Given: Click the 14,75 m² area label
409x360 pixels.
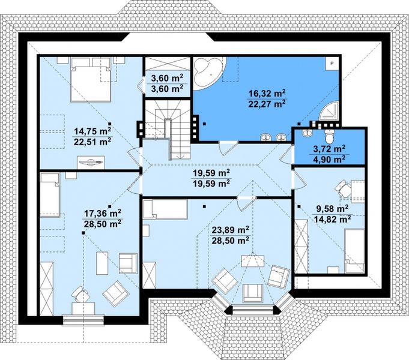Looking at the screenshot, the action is (93, 131).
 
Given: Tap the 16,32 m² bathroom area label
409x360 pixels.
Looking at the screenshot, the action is (267, 93).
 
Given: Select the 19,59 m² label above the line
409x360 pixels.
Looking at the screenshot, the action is (211, 173).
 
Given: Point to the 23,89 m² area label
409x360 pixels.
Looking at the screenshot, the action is (230, 230).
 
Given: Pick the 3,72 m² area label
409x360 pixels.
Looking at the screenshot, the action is (329, 149).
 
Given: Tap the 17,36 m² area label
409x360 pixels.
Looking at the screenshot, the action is (103, 213).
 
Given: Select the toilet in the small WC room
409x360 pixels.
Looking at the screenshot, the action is (330, 136).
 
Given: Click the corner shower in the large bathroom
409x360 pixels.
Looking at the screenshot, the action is (330, 112).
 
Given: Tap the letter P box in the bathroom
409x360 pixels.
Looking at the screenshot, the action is (332, 63).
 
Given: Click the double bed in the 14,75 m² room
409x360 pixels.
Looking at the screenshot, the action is (91, 80).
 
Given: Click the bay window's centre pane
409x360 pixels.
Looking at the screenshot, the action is (252, 310).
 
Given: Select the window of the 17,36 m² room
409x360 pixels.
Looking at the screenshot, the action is (83, 320).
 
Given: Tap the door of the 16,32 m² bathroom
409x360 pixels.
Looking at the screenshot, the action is (228, 148).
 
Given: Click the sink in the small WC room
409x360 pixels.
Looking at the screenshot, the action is (307, 133).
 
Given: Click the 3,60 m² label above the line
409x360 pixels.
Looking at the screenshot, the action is (167, 78).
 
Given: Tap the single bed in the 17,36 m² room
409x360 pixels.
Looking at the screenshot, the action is (50, 195).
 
